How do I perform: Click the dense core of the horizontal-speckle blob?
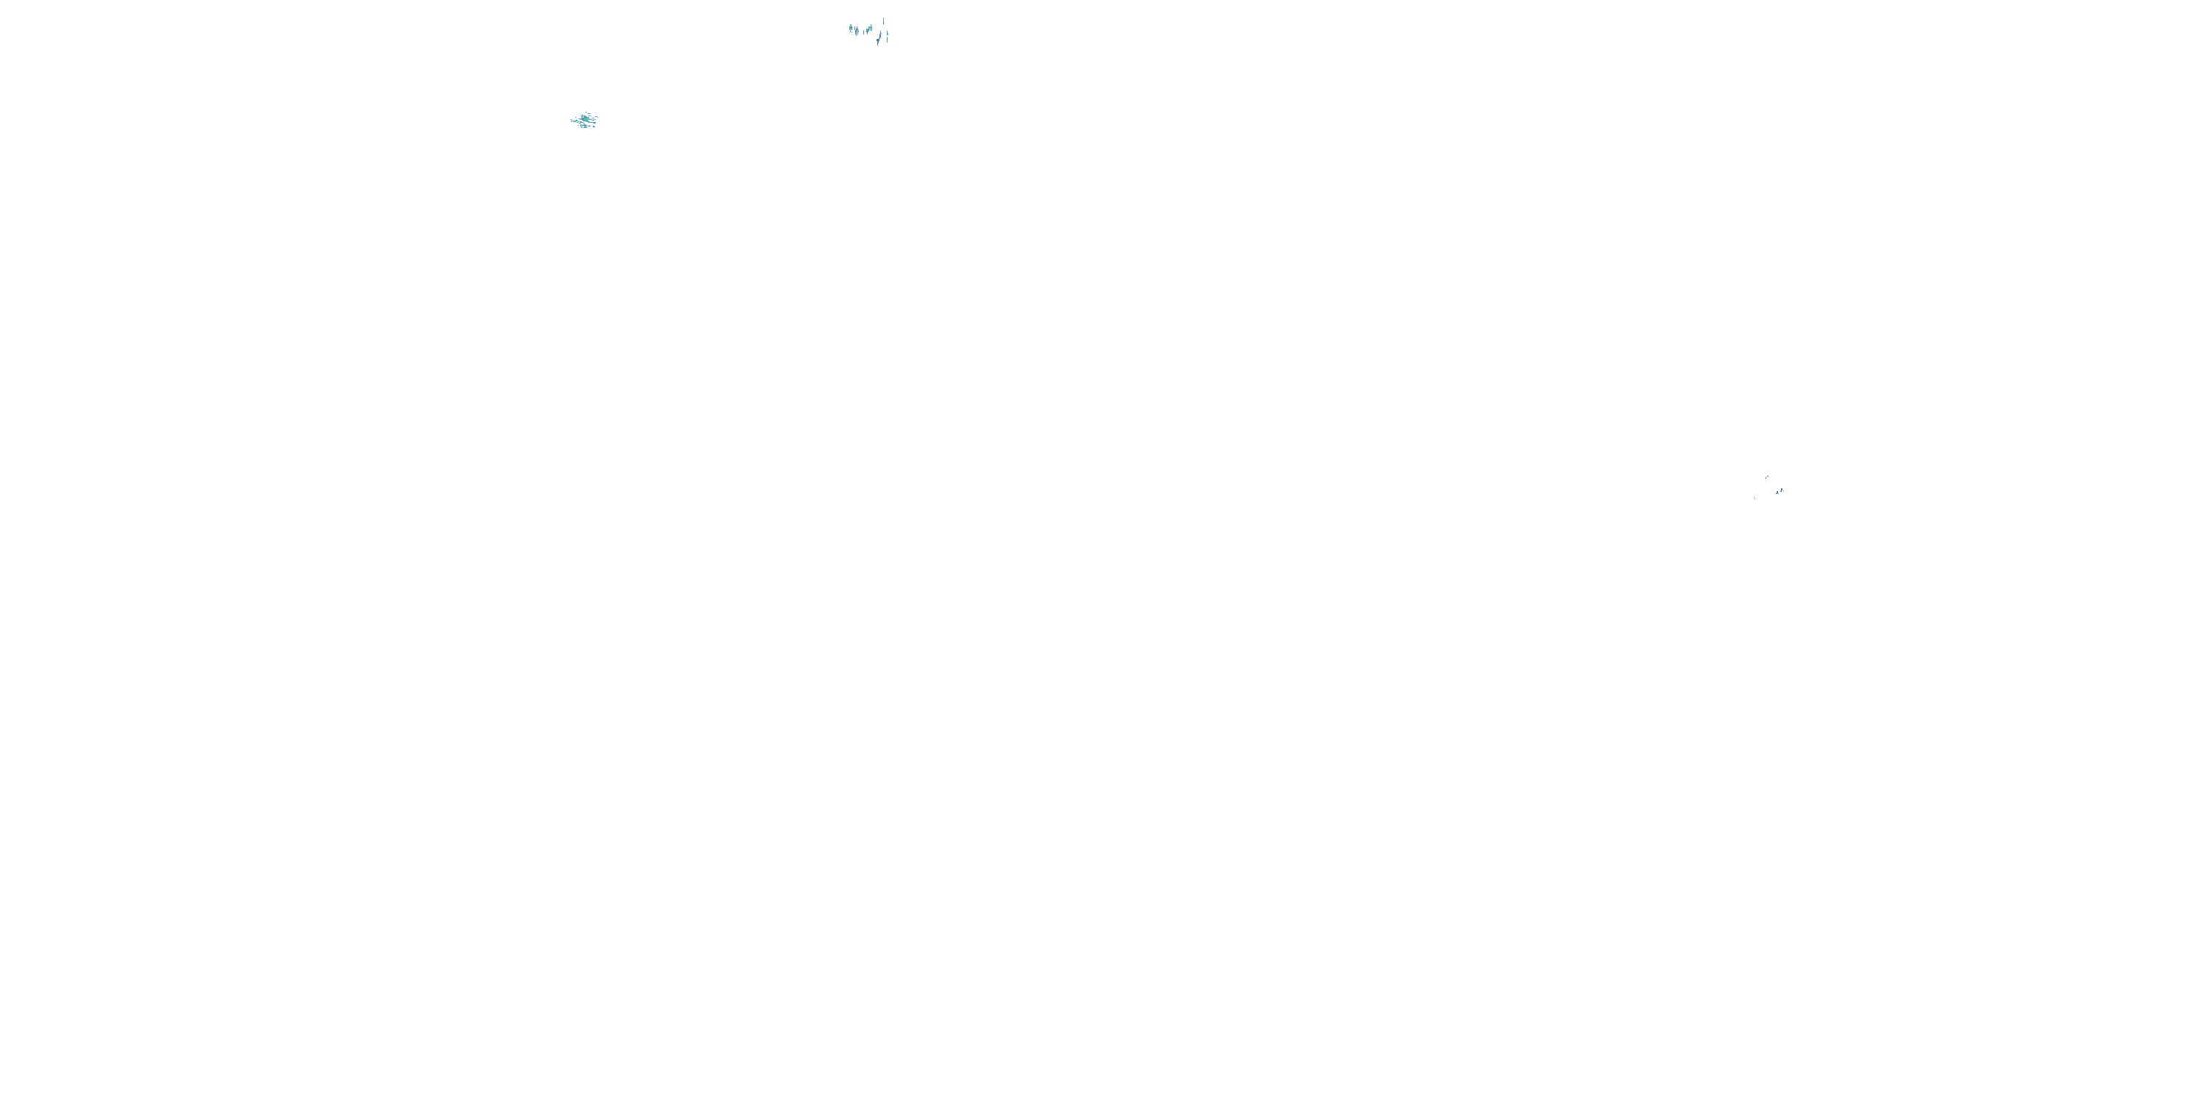(x=586, y=119)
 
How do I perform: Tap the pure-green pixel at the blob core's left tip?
(x=579, y=119)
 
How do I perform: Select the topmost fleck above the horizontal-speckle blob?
(x=587, y=113)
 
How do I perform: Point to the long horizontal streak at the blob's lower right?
(x=593, y=123)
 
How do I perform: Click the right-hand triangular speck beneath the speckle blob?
(x=594, y=126)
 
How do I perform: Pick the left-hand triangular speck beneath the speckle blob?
(x=590, y=126)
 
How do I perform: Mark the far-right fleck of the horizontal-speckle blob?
(x=597, y=118)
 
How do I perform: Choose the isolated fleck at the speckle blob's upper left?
(x=577, y=118)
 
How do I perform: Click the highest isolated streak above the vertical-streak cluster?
(x=884, y=21)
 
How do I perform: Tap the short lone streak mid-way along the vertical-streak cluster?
(x=864, y=32)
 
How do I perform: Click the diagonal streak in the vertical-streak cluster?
(x=879, y=38)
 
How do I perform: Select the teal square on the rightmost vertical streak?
(x=888, y=35)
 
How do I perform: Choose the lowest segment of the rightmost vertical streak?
(x=888, y=40)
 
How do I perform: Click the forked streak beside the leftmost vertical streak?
(x=857, y=32)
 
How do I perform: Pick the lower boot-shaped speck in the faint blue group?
(x=1778, y=493)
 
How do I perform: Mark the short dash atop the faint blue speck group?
(x=1768, y=477)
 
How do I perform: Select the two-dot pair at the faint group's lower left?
(x=1755, y=499)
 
